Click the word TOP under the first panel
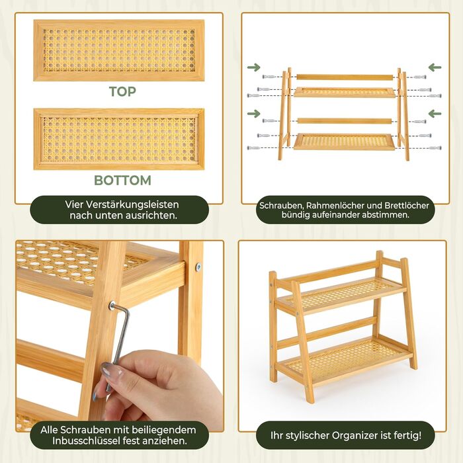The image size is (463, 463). click(x=122, y=91)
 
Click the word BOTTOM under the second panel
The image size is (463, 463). click(x=122, y=181)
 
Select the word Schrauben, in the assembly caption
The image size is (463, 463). click(x=281, y=206)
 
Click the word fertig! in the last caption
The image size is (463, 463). click(x=408, y=435)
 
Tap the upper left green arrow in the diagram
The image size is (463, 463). click(x=253, y=67)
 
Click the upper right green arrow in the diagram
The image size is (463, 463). click(x=435, y=67)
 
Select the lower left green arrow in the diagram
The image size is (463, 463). click(x=253, y=113)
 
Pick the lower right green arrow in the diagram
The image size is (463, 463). click(x=435, y=113)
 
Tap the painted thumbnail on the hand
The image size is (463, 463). click(x=111, y=372)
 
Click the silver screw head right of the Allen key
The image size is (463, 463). click(x=198, y=267)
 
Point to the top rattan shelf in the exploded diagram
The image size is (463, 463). click(x=345, y=92)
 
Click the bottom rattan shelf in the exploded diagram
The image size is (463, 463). click(x=345, y=142)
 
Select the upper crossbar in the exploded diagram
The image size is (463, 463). click(x=345, y=77)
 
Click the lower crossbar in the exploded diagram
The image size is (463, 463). click(x=345, y=121)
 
